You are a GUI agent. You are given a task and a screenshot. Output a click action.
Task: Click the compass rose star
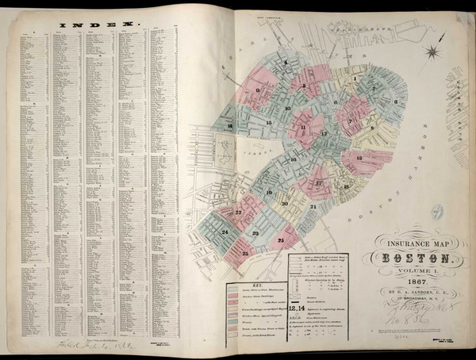pyautogui.click(x=434, y=53)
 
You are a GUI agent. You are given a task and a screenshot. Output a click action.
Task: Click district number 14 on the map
pyautogui.click(x=229, y=126)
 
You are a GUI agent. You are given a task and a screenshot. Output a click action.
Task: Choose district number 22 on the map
pyautogui.click(x=239, y=212)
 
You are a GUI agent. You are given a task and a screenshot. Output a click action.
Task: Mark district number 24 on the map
pyautogui.click(x=225, y=232)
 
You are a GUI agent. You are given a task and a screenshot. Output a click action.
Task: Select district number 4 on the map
pyautogui.click(x=286, y=61)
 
